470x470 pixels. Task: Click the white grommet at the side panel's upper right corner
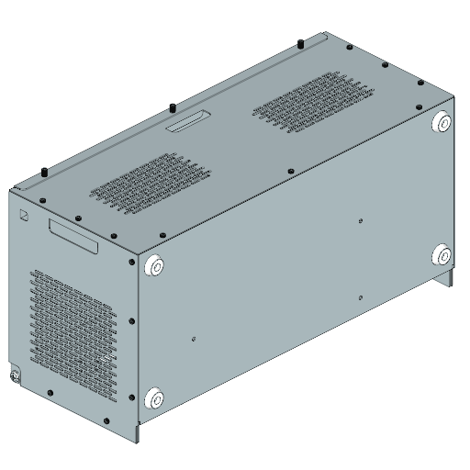pyautogui.click(x=441, y=123)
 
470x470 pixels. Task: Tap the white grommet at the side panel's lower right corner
pyautogui.click(x=442, y=255)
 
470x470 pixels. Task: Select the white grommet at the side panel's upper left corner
pyautogui.click(x=154, y=266)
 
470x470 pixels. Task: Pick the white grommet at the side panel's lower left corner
pyautogui.click(x=154, y=398)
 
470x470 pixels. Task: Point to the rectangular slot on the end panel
pyautogui.click(x=73, y=235)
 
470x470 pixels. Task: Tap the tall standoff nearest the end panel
pyautogui.click(x=44, y=173)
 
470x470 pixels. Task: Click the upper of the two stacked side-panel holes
pyautogui.click(x=361, y=220)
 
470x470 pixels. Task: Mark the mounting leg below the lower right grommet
pyautogui.click(x=447, y=275)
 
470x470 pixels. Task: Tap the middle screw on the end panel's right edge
pyautogui.click(x=133, y=320)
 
